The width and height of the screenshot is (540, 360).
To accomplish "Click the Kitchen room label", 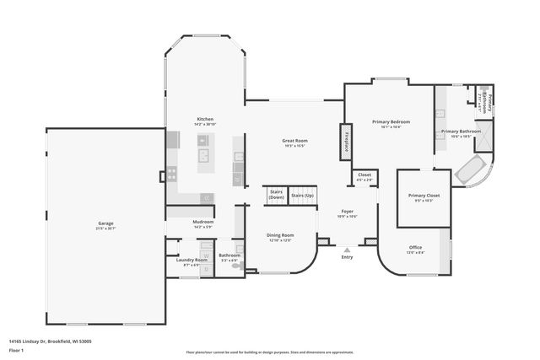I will tap(204, 120).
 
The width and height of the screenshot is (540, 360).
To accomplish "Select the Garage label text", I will tap(105, 223).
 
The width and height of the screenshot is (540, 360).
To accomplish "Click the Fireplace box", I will tap(345, 142).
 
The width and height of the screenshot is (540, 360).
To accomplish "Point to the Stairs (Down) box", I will tap(275, 194).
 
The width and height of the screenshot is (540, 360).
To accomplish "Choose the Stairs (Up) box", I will tap(301, 195).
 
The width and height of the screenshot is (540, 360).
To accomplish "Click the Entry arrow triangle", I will tap(347, 250).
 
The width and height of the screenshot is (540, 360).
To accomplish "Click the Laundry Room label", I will tap(192, 261).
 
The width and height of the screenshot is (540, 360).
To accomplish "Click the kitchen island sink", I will tap(203, 155).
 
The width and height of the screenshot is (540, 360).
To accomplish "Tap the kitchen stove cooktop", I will tap(172, 175).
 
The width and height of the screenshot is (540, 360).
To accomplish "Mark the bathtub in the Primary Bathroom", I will tap(468, 171).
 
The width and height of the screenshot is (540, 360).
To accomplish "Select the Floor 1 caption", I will tap(16, 349).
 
